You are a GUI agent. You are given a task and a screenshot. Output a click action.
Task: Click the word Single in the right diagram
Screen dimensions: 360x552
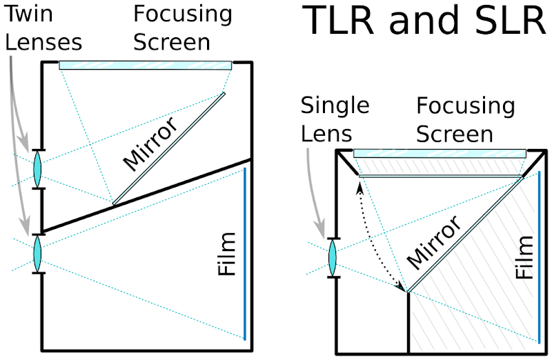pyautogui.click(x=335, y=106)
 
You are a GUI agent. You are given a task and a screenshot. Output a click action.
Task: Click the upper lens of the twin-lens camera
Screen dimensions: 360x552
pyautogui.click(x=38, y=168)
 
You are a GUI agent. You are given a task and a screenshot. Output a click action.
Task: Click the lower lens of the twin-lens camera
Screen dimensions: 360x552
pyautogui.click(x=38, y=254)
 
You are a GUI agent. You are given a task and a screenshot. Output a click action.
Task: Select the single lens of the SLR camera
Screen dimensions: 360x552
pyautogui.click(x=333, y=259)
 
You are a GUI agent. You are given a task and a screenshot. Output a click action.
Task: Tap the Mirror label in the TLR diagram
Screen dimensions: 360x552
pyautogui.click(x=150, y=142)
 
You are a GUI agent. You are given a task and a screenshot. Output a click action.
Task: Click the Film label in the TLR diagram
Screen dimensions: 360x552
pyautogui.click(x=226, y=255)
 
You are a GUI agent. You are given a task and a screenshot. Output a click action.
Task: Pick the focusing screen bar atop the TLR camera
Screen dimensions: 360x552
pyautogui.click(x=145, y=65)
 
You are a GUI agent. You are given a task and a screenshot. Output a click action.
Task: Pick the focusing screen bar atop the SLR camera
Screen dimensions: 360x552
pyautogui.click(x=440, y=153)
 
